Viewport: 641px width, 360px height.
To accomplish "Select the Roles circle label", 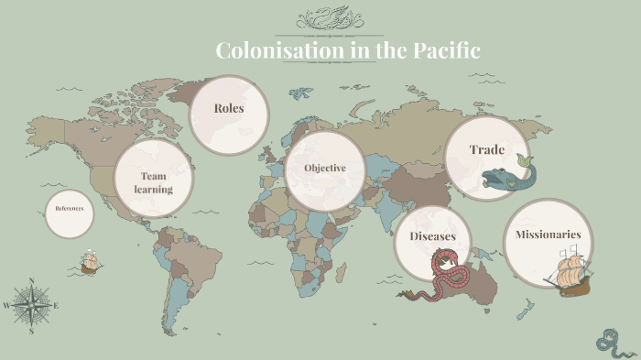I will point(229,108).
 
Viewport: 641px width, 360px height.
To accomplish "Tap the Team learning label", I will point(153,182).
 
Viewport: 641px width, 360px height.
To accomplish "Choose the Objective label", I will point(325,168).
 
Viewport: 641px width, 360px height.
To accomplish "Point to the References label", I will point(70,208).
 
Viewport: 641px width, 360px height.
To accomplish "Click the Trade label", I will point(487,149).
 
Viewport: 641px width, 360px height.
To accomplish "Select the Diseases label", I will point(432,236).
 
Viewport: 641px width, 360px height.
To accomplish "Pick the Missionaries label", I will point(549,235).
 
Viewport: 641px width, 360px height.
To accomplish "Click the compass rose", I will point(32,304).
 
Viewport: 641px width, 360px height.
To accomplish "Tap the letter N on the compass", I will point(32,280).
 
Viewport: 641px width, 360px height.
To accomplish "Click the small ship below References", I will point(90,262).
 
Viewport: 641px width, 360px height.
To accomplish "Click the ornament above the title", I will point(330,19).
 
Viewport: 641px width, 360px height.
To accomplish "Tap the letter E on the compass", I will point(56,305).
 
